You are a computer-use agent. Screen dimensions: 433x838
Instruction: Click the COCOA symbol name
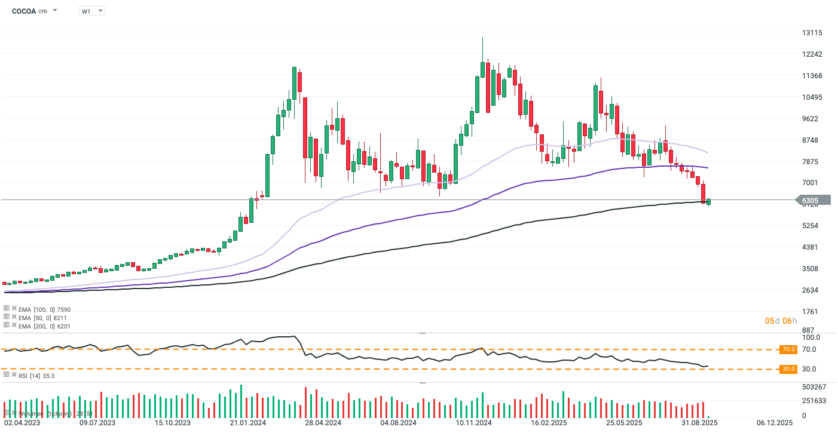coord(23,11)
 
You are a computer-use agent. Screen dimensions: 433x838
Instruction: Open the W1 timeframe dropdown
coord(91,11)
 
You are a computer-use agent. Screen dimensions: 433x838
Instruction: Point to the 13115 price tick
coord(813,33)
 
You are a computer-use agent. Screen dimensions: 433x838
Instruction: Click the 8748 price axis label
coord(813,140)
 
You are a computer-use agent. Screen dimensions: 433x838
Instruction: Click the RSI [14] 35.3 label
coord(38,376)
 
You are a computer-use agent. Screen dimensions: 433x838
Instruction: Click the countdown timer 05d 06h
coord(781,321)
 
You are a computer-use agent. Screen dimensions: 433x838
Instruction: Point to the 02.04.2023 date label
coord(21,423)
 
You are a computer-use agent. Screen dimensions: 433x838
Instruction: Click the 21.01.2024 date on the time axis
coord(248,423)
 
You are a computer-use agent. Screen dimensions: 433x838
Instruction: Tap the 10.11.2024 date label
coord(473,423)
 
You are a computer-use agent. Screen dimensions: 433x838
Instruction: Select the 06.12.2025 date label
coord(774,423)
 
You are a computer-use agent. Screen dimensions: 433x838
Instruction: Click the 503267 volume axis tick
coord(814,387)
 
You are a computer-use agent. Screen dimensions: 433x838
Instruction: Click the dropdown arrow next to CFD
coord(55,11)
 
